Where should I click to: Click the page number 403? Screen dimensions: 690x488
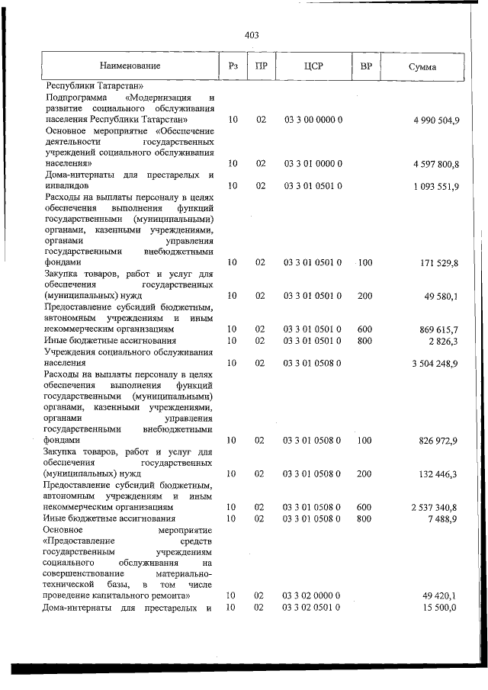click(x=252, y=34)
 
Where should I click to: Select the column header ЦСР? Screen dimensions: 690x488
click(x=313, y=67)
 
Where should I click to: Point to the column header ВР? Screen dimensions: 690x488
click(x=365, y=67)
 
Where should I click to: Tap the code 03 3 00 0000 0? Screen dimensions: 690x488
click(x=313, y=120)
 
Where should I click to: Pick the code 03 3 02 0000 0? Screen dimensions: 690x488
click(x=313, y=595)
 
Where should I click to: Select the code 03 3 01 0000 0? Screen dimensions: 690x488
click(x=313, y=163)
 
